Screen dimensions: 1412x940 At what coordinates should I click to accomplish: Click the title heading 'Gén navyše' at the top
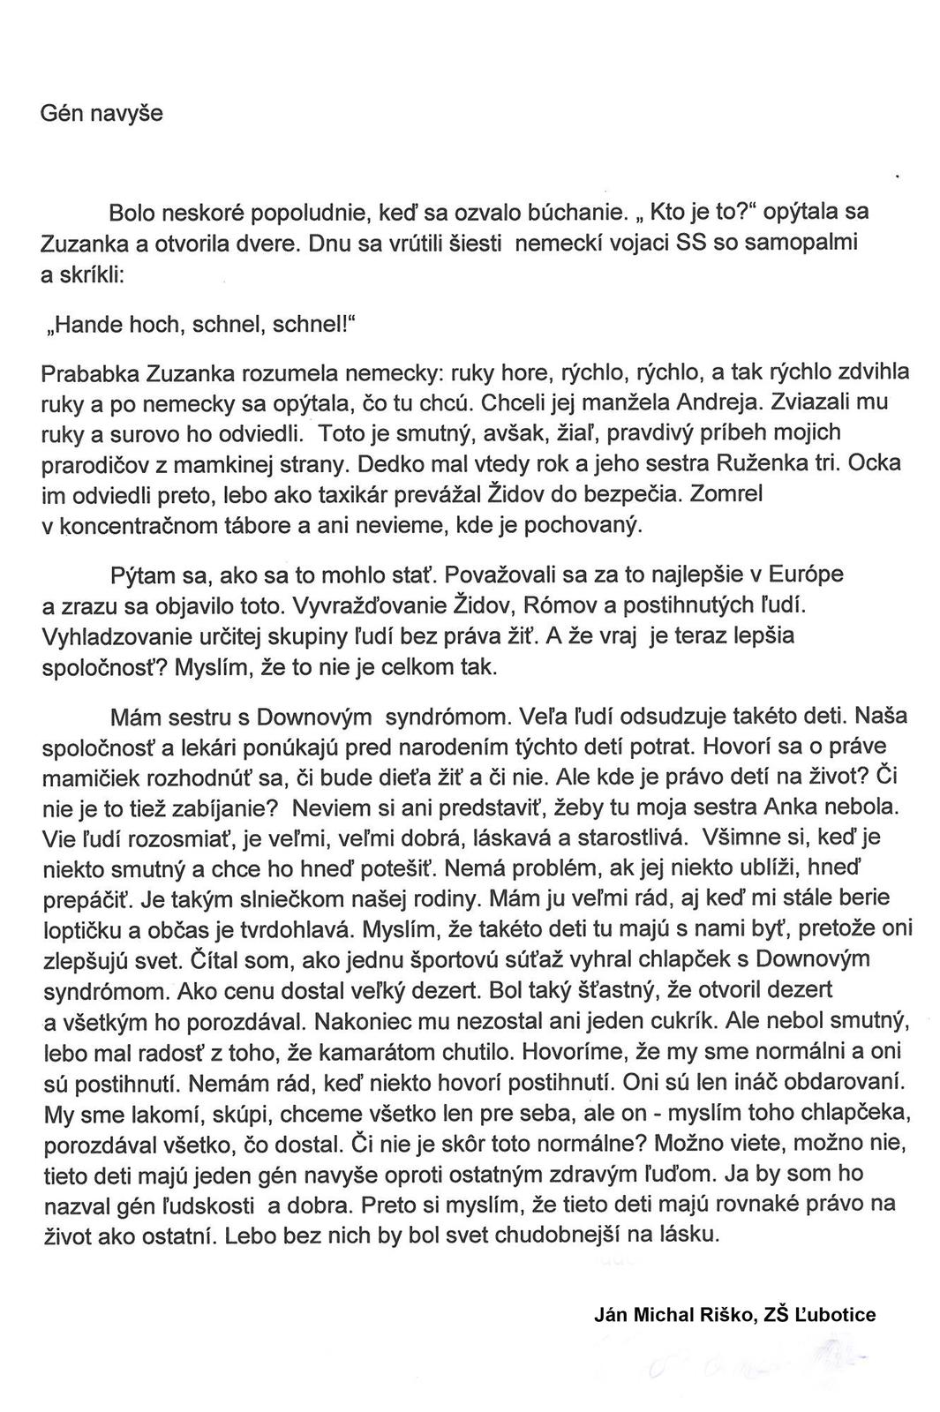102,114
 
